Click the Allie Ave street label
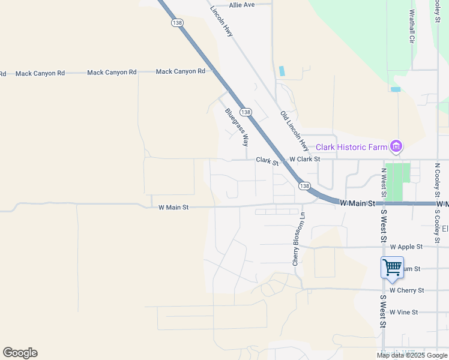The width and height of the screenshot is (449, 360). point(242,5)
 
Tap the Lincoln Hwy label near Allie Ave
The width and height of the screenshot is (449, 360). point(221,22)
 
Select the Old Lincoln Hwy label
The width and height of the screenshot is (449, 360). point(294,130)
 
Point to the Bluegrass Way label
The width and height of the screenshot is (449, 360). point(237,127)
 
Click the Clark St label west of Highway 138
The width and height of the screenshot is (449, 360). point(268,160)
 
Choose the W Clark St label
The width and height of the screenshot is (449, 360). point(304,160)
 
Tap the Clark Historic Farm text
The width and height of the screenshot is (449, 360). point(351,147)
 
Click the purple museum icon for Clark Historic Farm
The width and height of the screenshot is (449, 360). point(396,146)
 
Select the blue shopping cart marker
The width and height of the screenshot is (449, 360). point(392,268)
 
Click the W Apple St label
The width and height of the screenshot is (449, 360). point(406,247)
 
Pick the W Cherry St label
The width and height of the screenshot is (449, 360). point(406,290)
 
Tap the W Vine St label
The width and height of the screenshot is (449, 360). point(403,313)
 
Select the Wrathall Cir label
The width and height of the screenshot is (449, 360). point(412,26)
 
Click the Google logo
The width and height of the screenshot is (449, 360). point(20,353)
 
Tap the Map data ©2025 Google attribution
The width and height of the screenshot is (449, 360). point(412,355)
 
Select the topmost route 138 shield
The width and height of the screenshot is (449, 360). point(176,23)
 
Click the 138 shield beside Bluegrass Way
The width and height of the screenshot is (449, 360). point(246,112)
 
